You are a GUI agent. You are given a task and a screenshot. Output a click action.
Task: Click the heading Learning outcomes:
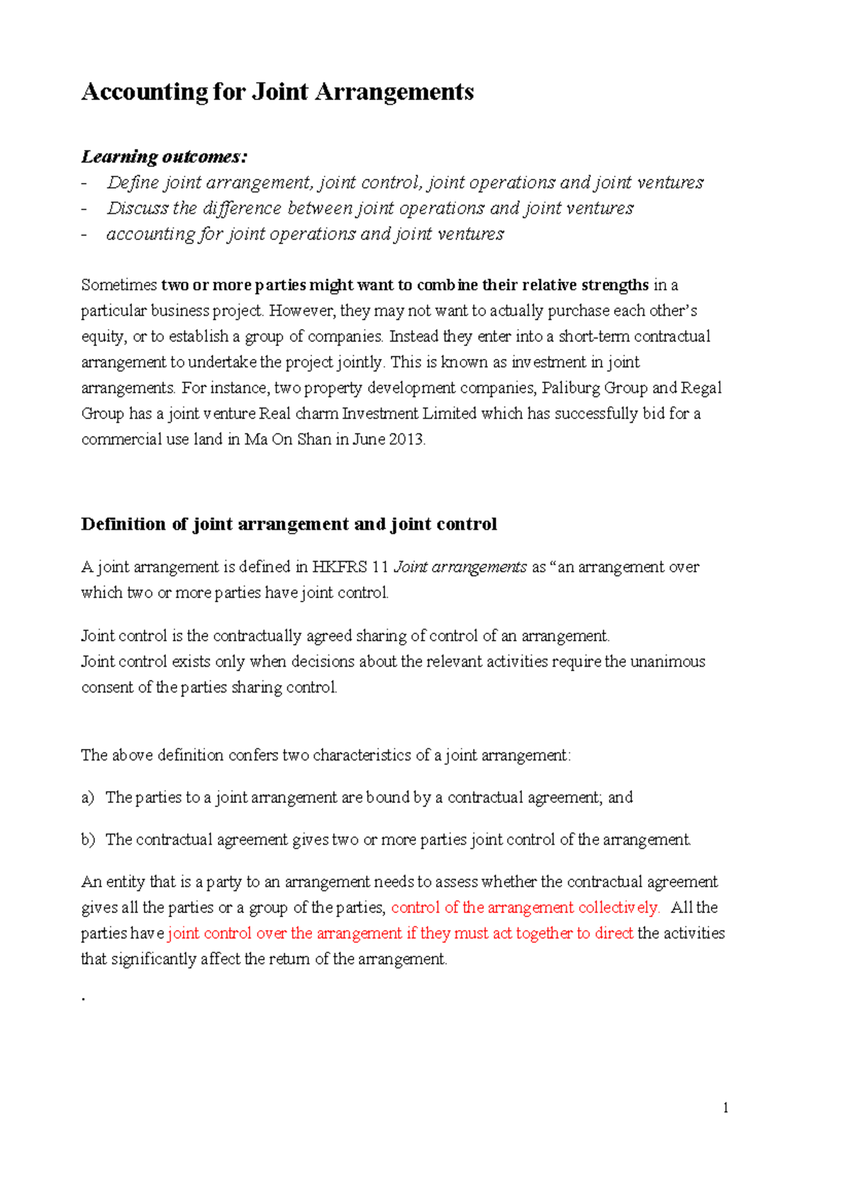pyautogui.click(x=164, y=156)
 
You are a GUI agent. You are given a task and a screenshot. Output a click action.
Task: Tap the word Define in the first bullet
pyautogui.click(x=133, y=182)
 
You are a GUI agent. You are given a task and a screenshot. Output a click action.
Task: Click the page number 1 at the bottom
pyautogui.click(x=725, y=1108)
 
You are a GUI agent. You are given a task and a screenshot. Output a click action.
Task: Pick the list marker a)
pyautogui.click(x=87, y=797)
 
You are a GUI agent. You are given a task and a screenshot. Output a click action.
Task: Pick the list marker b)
pyautogui.click(x=88, y=840)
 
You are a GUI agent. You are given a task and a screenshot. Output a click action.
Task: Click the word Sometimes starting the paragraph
pyautogui.click(x=118, y=285)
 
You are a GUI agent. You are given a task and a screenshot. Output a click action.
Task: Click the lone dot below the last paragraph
pyautogui.click(x=84, y=999)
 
